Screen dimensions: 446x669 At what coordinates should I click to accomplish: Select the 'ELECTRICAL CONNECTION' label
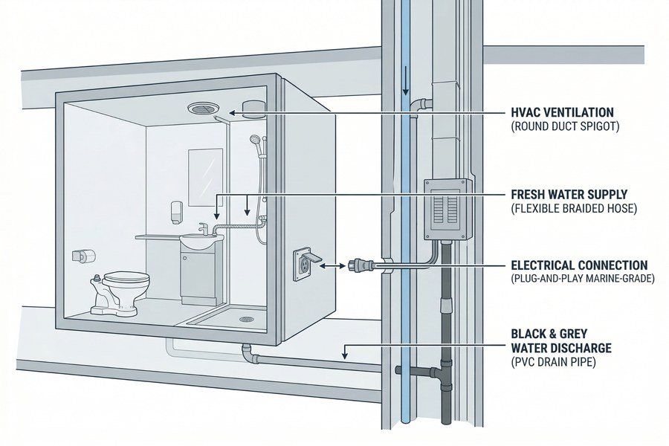coord(579,265)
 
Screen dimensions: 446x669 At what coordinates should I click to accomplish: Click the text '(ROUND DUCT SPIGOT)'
coord(566,127)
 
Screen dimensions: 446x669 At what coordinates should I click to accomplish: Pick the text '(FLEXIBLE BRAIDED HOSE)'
coord(574,209)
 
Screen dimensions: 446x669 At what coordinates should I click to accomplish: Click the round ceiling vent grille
coord(201,109)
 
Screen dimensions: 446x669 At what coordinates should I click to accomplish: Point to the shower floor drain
coord(246,320)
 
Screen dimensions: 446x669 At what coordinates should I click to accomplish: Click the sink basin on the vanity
coord(201,238)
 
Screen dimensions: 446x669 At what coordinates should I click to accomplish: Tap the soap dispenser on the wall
coord(174,210)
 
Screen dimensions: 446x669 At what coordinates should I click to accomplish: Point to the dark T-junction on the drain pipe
coord(446,370)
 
